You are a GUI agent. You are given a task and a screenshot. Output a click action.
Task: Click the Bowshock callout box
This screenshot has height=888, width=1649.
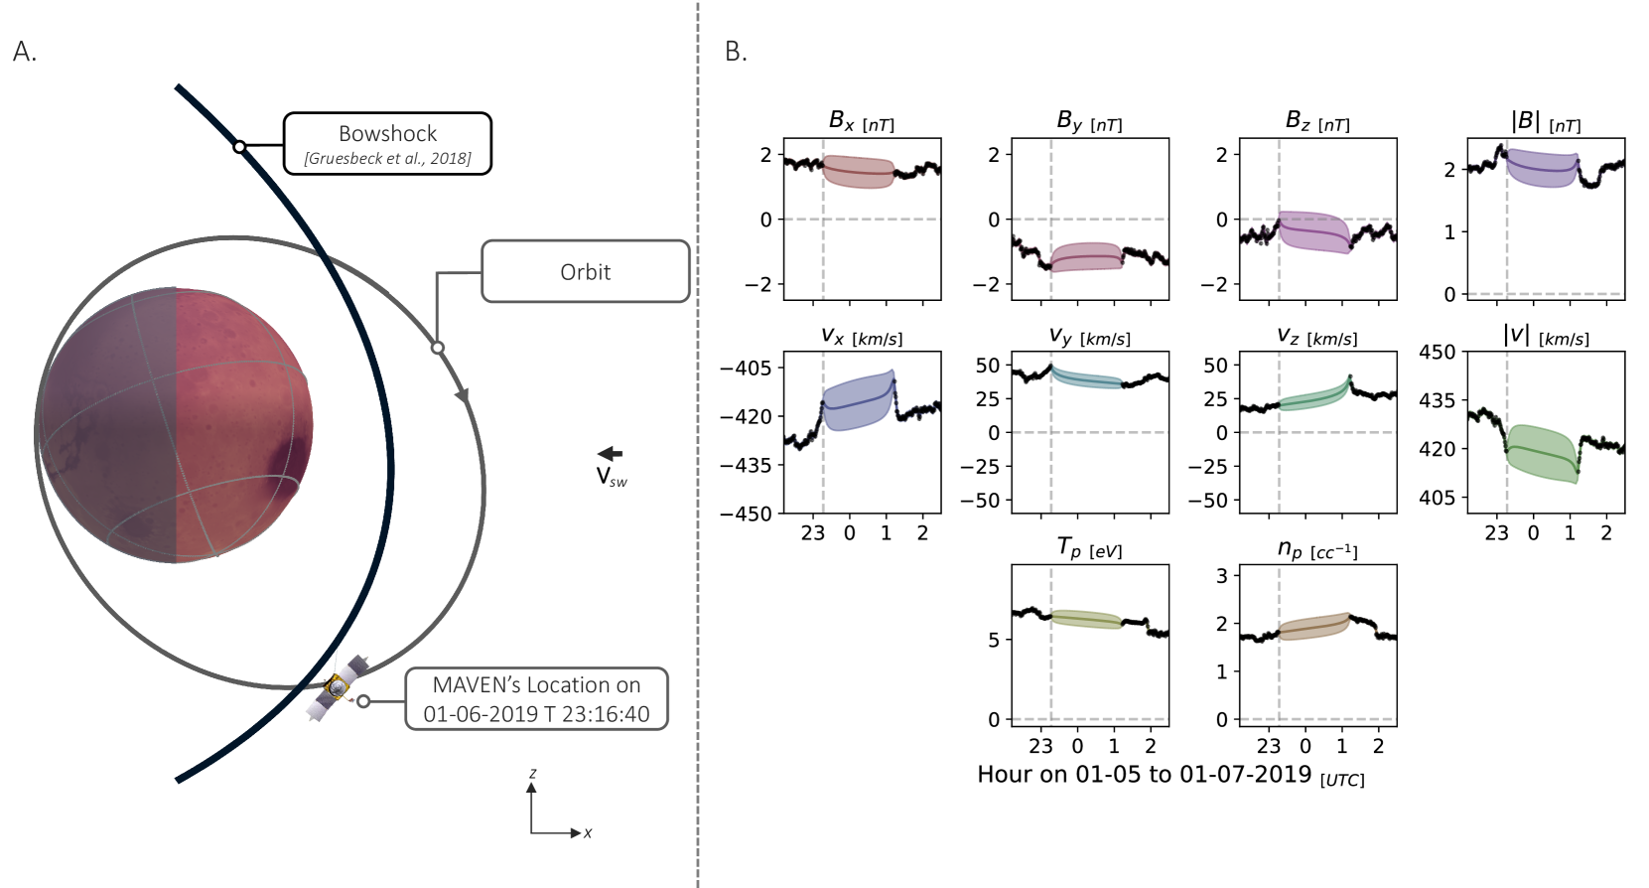click(387, 144)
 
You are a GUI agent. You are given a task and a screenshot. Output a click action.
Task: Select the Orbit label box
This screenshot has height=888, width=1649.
click(585, 271)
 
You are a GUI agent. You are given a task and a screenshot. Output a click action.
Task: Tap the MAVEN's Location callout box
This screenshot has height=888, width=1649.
click(536, 699)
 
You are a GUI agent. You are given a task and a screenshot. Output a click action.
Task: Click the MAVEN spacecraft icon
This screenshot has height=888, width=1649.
click(339, 685)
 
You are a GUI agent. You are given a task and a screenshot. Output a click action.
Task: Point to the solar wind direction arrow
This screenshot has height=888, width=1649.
click(610, 454)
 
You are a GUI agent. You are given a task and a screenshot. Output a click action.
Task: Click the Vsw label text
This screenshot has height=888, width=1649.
click(611, 478)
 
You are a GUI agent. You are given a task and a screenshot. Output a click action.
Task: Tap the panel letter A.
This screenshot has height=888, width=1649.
click(25, 53)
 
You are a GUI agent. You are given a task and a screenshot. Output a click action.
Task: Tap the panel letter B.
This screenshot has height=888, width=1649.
click(736, 53)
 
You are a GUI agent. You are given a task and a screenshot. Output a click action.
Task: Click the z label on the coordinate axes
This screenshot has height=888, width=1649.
click(533, 773)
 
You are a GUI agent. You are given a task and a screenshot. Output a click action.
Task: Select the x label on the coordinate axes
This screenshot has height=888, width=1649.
click(588, 833)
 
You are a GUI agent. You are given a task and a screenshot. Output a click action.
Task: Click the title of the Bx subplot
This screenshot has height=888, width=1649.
click(861, 122)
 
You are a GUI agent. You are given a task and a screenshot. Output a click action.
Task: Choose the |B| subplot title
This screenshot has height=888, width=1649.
click(1545, 122)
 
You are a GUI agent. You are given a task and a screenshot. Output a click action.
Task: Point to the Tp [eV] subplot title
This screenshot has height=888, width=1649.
click(1089, 548)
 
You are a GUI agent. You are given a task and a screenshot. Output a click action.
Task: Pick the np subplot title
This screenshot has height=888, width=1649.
click(1316, 548)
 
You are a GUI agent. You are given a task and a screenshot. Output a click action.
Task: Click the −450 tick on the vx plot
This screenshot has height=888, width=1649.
click(746, 514)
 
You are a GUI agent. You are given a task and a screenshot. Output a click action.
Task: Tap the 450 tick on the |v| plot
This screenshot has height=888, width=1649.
click(1437, 352)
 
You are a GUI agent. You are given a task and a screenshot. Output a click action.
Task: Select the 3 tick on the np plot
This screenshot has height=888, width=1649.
click(1222, 575)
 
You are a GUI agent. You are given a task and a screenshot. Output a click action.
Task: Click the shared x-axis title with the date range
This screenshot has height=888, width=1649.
click(1170, 776)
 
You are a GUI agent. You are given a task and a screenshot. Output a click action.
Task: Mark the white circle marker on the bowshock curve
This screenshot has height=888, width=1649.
click(239, 147)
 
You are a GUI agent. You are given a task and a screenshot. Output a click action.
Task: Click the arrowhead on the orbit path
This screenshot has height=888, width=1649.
click(462, 396)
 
